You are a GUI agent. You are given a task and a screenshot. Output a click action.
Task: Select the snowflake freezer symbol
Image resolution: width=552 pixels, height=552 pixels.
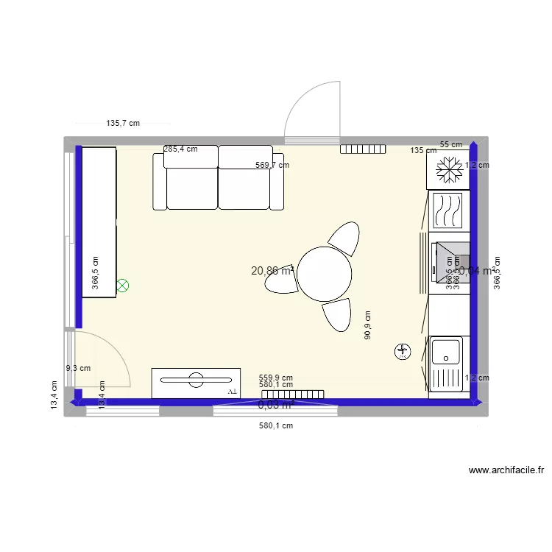[447, 171]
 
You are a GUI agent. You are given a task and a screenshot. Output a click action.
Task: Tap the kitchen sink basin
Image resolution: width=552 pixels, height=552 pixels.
[446, 352]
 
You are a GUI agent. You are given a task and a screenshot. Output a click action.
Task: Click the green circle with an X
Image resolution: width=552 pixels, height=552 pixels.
[123, 284]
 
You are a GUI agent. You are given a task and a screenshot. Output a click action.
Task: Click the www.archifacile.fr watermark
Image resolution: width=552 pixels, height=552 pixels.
[505, 470]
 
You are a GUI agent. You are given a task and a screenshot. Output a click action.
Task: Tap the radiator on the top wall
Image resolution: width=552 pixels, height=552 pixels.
[364, 149]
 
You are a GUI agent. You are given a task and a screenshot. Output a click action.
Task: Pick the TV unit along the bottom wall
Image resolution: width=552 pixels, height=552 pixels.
[196, 383]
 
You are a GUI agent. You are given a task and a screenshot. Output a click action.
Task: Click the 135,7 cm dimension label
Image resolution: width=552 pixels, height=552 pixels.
[123, 124]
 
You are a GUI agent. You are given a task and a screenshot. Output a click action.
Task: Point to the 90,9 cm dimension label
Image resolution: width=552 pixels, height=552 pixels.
[368, 325]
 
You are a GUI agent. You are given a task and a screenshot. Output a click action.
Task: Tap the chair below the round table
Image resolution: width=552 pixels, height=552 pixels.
[336, 315]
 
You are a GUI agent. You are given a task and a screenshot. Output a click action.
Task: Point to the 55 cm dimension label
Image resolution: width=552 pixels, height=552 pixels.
[451, 144]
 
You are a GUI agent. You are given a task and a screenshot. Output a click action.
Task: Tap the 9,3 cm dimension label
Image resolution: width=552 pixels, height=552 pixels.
[78, 369]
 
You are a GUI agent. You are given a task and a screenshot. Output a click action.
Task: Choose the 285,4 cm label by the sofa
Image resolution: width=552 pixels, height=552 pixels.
[180, 149]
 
